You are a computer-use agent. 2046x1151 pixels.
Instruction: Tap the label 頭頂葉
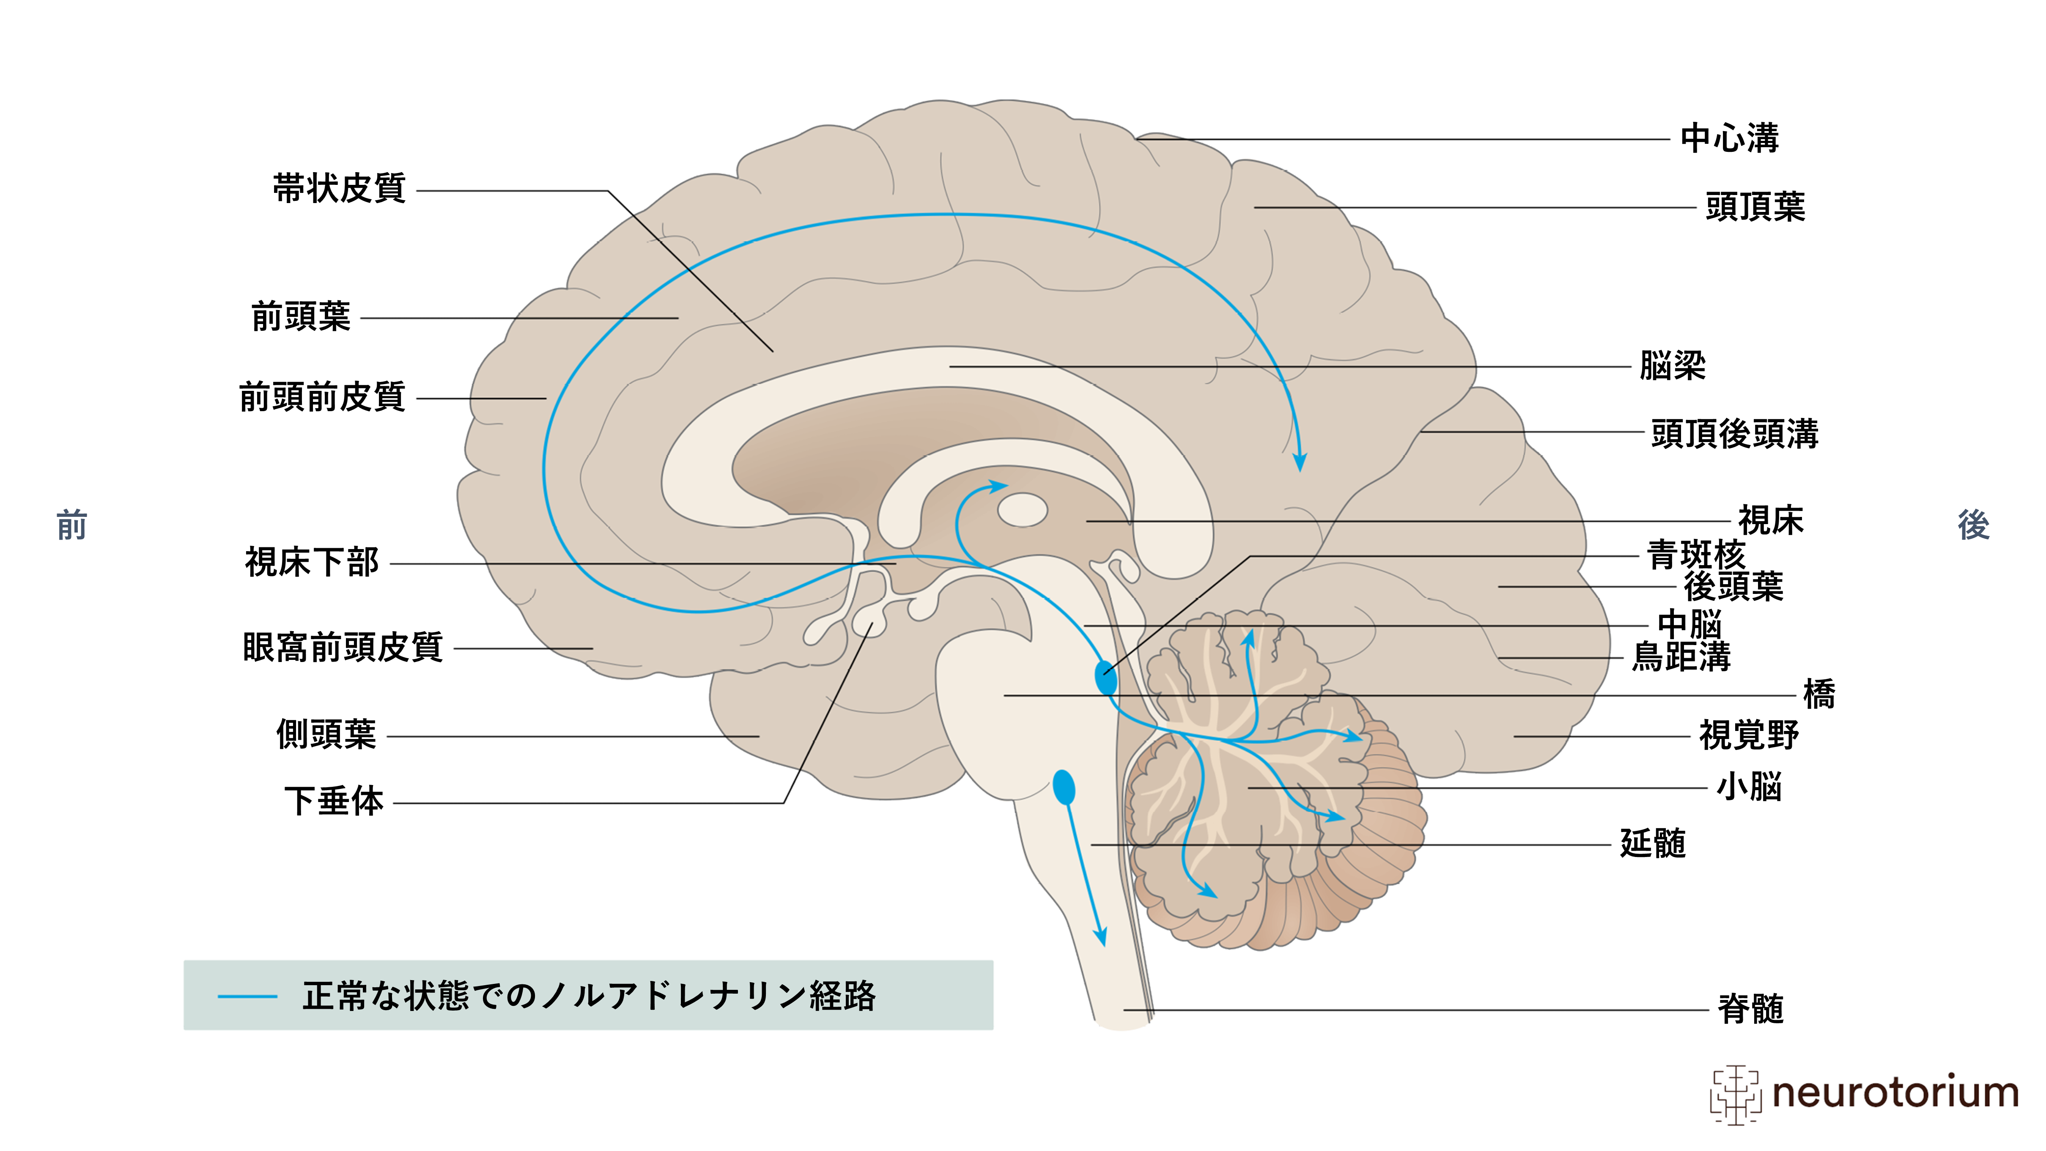tap(1755, 206)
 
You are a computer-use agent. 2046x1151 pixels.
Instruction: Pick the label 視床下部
tap(312, 563)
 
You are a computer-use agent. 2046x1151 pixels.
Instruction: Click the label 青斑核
tap(1696, 555)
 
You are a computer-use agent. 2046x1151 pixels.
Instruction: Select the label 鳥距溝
tap(1681, 657)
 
